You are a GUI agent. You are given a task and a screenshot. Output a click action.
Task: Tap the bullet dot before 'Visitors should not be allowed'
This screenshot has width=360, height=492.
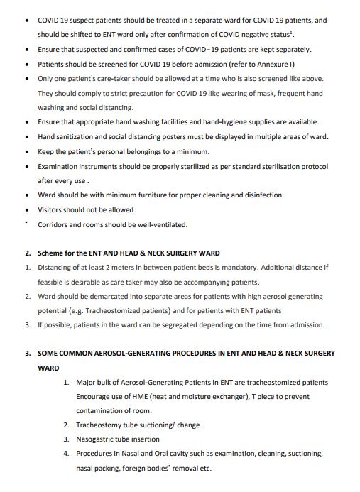(27, 210)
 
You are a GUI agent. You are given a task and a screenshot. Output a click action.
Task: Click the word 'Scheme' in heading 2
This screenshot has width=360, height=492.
(50, 253)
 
